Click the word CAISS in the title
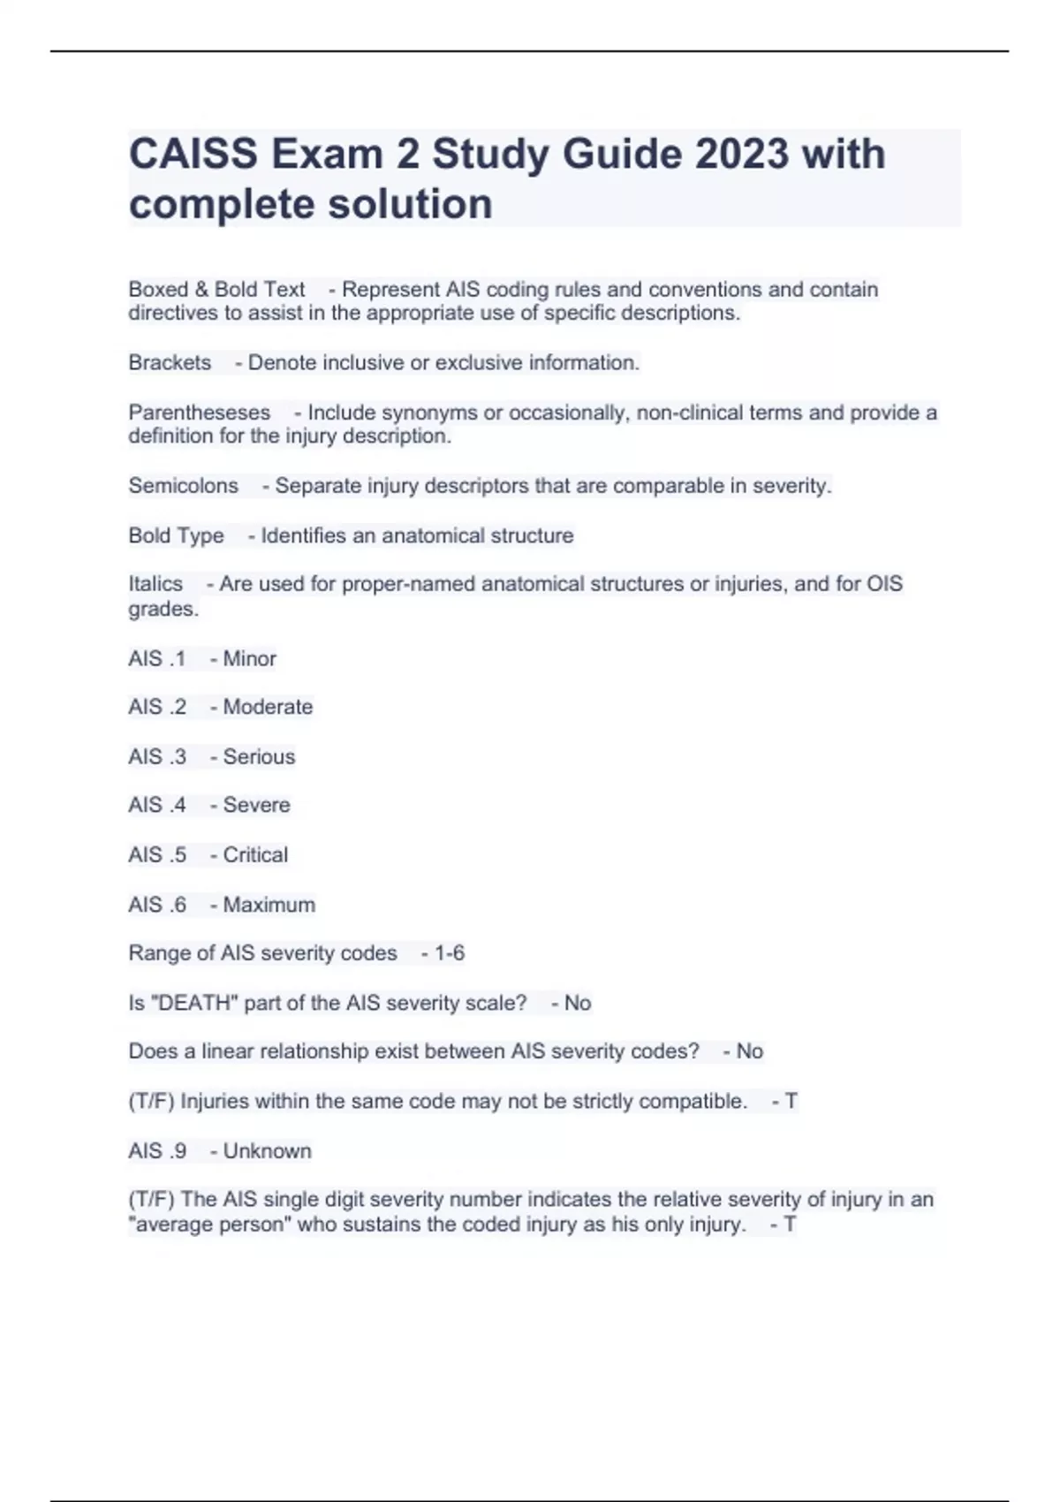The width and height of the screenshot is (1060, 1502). pyautogui.click(x=193, y=155)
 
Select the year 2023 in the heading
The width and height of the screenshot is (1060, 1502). pyautogui.click(x=741, y=155)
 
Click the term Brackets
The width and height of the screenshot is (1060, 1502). pyautogui.click(x=170, y=362)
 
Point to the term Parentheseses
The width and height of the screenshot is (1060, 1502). pyautogui.click(x=200, y=413)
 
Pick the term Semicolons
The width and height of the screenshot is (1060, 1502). pyautogui.click(x=184, y=486)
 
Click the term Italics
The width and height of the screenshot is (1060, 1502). pyautogui.click(x=155, y=584)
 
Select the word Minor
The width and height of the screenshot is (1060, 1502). pyautogui.click(x=249, y=659)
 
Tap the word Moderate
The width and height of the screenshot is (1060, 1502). pyautogui.click(x=268, y=707)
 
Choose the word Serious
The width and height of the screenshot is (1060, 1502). pyautogui.click(x=259, y=757)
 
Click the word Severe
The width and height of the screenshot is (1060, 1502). pyautogui.click(x=256, y=805)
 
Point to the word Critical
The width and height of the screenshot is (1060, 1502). pyautogui.click(x=255, y=855)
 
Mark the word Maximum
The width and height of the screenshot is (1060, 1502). pyautogui.click(x=269, y=905)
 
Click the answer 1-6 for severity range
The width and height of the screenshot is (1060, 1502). pyautogui.click(x=450, y=953)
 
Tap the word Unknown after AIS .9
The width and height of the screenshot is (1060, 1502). pyautogui.click(x=267, y=1151)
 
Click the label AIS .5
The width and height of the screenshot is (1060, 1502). pyautogui.click(x=157, y=855)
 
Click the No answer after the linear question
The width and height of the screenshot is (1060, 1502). pyautogui.click(x=749, y=1051)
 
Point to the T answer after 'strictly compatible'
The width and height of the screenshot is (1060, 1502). pyautogui.click(x=791, y=1102)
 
